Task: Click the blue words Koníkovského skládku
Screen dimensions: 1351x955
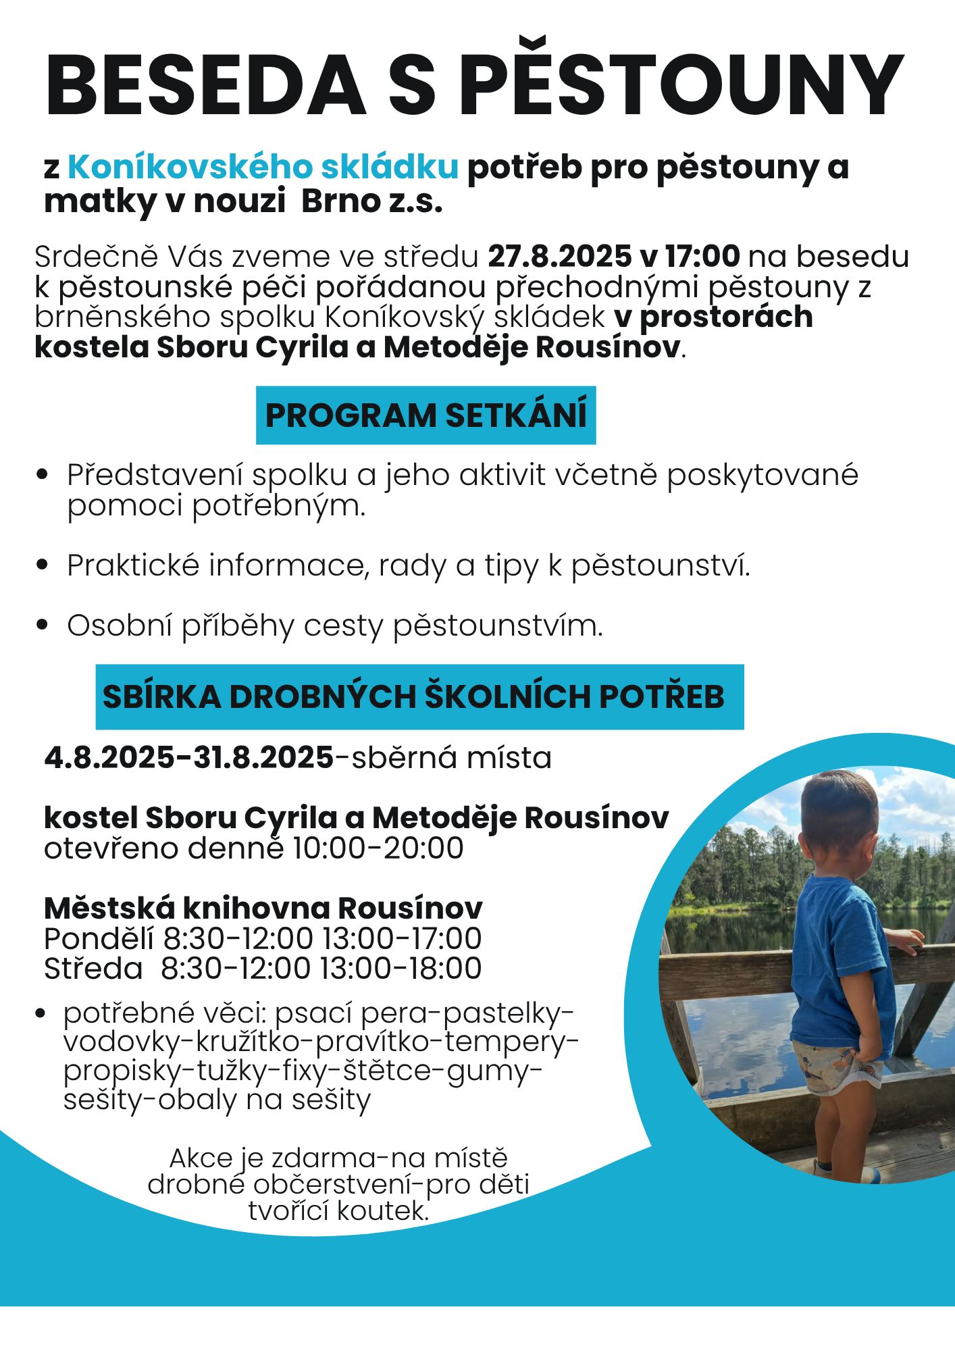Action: [263, 167]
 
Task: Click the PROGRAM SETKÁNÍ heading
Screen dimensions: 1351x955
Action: [425, 415]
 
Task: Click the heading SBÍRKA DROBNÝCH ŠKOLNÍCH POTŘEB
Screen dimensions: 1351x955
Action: [413, 697]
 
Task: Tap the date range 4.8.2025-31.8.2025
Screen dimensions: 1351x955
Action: [189, 758]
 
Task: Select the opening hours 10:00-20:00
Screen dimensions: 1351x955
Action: [378, 848]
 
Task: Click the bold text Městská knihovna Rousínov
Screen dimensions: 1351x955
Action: [263, 909]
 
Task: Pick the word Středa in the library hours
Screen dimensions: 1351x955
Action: [93, 969]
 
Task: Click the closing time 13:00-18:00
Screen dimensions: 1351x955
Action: [401, 969]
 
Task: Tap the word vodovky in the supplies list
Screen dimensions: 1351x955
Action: [125, 1042]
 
